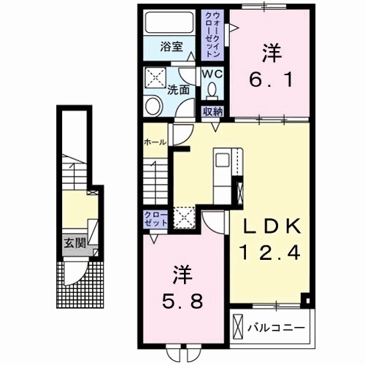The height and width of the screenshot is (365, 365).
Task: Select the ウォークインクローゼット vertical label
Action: [x=212, y=34]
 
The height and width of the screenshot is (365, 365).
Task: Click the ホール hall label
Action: [x=153, y=142]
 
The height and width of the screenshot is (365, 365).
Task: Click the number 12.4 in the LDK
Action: [x=269, y=253]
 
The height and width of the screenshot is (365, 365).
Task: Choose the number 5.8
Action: [x=183, y=299]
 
